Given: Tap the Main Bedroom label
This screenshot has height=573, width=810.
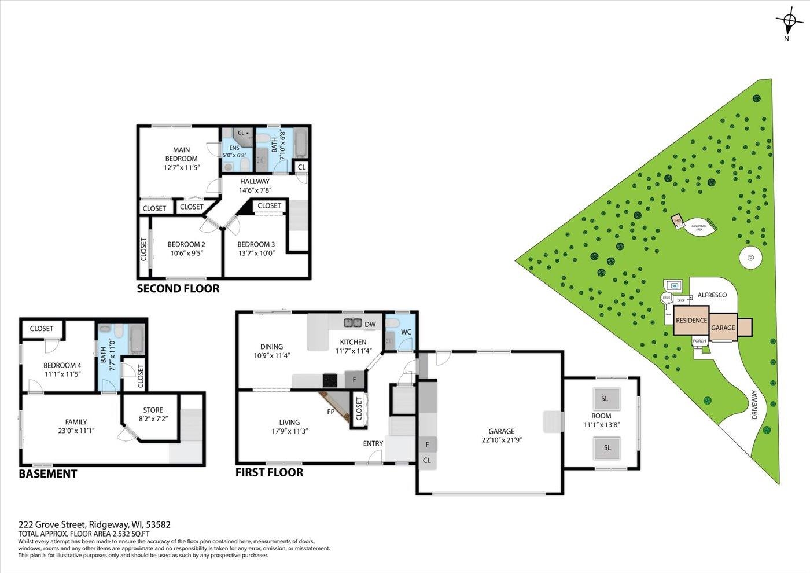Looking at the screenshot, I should pos(181,155).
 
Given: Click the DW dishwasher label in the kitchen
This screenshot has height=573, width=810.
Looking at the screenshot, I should pos(370,324).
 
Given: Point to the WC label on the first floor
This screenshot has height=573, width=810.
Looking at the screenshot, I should pos(406,332).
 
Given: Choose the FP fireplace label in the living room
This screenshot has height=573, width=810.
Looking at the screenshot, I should pos(330,412).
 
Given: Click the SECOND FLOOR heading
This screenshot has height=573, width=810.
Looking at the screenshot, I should pos(178,288).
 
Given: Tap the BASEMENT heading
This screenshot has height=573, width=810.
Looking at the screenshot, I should pos(48,473).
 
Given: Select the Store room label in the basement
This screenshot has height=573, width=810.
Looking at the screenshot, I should pos(153,410).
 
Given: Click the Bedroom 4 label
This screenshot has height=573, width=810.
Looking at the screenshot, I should pos(62,366).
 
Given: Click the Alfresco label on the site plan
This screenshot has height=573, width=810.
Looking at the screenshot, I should pos(712,295).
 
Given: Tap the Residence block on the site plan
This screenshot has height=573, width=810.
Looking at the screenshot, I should pos(691,321).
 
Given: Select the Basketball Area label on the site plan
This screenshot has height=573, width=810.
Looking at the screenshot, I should pos(699,227).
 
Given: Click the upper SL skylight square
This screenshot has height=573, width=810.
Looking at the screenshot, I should pos(605,398).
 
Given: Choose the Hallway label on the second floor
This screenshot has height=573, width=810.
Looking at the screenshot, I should pos(255,182).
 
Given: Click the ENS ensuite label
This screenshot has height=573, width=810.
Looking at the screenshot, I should pos(234,148).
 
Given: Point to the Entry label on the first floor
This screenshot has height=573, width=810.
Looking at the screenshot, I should pos(373,444).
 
